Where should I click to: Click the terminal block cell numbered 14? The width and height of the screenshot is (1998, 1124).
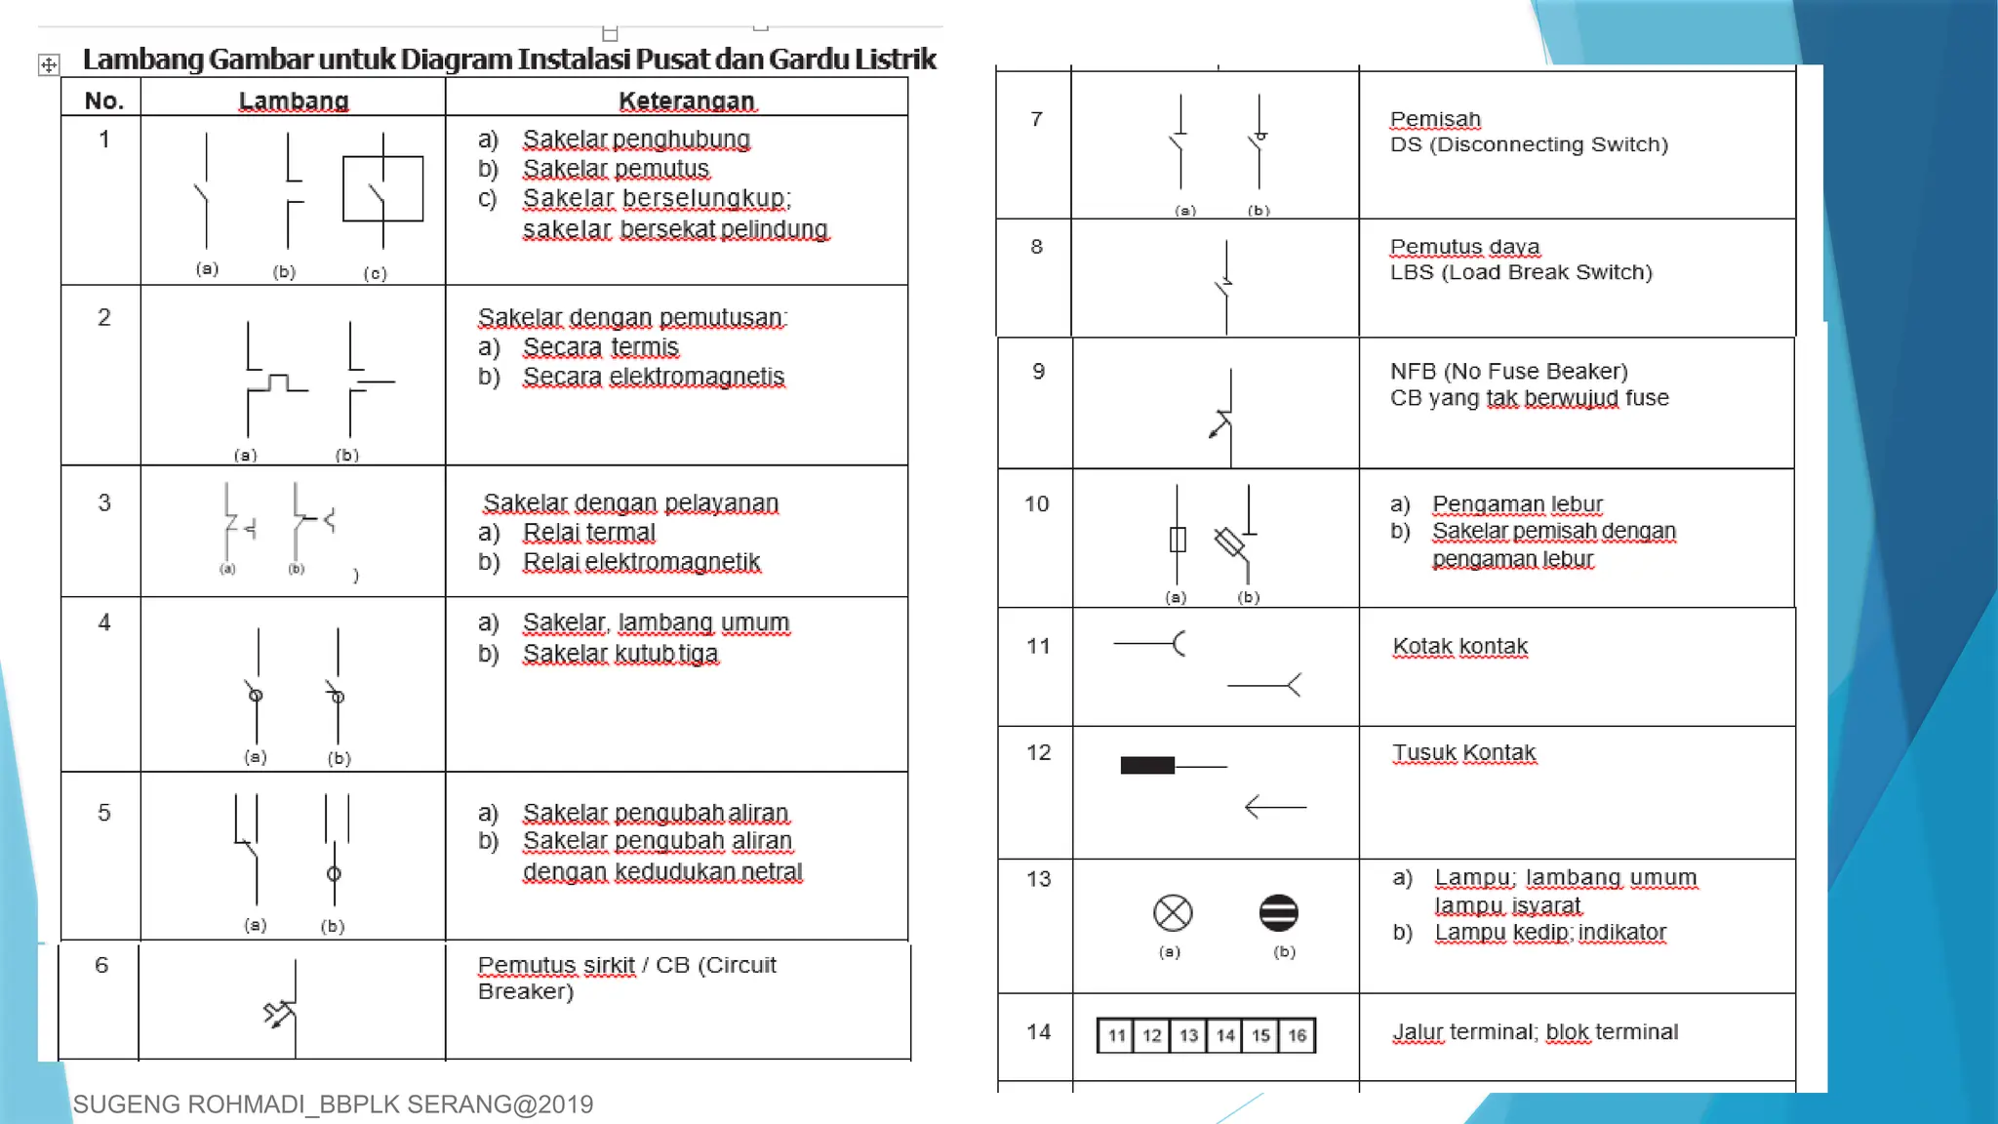point(1224,1035)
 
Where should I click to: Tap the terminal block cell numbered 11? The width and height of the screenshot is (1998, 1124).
point(1116,1035)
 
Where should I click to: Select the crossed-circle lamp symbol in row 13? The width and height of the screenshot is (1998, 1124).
point(1173,913)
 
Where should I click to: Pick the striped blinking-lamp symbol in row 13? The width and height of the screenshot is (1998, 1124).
point(1278,913)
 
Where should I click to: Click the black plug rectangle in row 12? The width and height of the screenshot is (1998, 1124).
point(1147,766)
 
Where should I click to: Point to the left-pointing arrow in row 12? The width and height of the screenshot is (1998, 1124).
point(1275,807)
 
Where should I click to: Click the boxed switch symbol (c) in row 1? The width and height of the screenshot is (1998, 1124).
point(382,189)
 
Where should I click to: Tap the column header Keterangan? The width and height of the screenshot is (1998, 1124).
point(687,100)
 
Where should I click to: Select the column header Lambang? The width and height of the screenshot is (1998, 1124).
point(294,100)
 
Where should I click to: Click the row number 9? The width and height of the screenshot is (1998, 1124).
point(1038,372)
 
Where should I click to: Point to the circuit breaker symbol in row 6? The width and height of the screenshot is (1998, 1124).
point(284,1011)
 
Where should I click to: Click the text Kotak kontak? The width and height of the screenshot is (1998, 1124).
point(1459,646)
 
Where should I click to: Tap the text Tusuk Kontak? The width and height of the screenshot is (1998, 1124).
point(1463,752)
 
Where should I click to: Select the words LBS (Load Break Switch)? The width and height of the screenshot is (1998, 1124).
point(1521,272)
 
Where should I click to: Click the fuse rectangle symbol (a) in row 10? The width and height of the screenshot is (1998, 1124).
point(1178,540)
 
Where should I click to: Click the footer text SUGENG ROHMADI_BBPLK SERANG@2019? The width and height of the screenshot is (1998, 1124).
point(333,1104)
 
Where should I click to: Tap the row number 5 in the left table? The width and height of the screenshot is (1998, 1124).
point(104,813)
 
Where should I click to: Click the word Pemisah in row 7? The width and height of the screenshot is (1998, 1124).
point(1435,119)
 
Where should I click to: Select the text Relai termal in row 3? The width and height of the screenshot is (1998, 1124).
point(589,533)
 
